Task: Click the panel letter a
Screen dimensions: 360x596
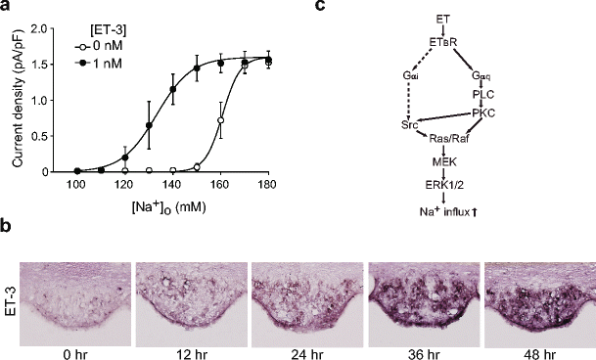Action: tap(6, 8)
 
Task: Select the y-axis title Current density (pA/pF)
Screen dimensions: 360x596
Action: tap(15, 101)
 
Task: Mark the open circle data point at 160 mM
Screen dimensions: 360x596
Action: tap(220, 121)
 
